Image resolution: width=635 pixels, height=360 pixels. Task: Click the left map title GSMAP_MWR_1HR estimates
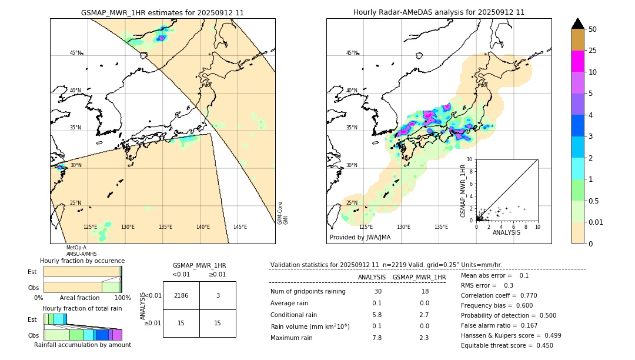point(162,12)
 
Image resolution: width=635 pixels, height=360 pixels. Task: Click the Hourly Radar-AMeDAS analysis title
point(439,12)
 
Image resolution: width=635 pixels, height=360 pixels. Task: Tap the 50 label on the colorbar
point(593,29)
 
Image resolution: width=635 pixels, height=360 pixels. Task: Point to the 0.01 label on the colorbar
point(596,222)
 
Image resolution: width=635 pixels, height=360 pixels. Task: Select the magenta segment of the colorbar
point(577,61)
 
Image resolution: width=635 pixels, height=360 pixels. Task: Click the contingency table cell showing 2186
point(181,295)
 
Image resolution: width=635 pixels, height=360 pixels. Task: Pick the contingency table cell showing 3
point(218,295)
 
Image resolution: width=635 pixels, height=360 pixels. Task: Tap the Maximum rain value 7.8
point(376,338)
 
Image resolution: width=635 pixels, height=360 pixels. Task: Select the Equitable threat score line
point(507,345)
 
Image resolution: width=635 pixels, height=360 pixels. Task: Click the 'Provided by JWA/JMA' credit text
point(360,237)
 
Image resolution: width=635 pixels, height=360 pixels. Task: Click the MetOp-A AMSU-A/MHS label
point(76,251)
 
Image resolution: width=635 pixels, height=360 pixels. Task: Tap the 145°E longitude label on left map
point(240,227)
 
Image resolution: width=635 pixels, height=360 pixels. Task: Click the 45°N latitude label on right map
point(352,53)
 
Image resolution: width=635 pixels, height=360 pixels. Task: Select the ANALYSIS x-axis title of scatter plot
point(506,232)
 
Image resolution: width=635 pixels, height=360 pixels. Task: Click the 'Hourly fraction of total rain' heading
point(82,308)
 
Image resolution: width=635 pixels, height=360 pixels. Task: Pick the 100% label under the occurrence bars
point(122,298)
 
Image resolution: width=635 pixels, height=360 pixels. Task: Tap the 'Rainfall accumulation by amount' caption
point(82,345)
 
